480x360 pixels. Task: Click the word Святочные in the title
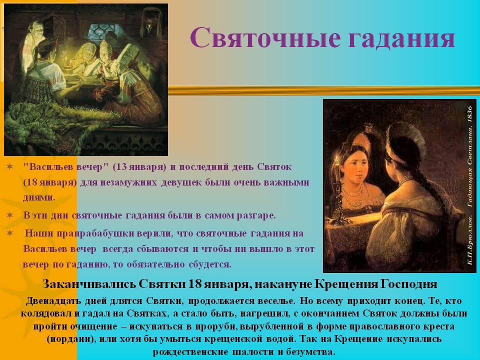pyautogui.click(x=265, y=37)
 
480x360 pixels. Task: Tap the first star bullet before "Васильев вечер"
pyautogui.click(x=10, y=166)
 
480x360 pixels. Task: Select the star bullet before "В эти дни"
pyautogui.click(x=10, y=215)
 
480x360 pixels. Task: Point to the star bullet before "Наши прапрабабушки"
pyautogui.click(x=10, y=233)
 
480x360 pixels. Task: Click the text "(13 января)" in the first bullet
pyautogui.click(x=139, y=167)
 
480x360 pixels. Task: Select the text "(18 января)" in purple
pyautogui.click(x=50, y=182)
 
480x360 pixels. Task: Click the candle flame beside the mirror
pyautogui.click(x=336, y=159)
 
